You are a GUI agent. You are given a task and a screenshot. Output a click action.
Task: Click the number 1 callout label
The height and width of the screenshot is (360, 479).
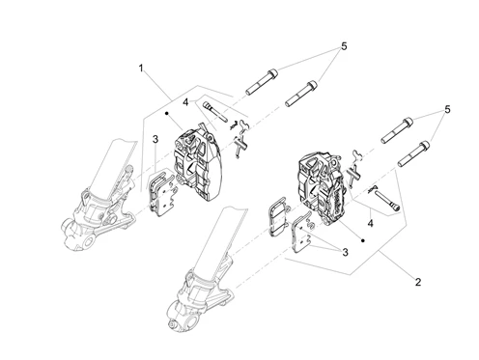click(141, 69)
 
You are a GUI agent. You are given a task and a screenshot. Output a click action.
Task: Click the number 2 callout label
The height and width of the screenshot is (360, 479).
click(418, 282)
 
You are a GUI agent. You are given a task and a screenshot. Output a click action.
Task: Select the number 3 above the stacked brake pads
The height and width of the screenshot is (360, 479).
click(155, 139)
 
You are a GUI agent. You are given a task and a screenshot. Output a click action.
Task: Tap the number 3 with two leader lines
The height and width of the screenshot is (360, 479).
click(345, 252)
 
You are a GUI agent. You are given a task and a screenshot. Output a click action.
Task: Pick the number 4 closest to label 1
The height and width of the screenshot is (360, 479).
click(185, 102)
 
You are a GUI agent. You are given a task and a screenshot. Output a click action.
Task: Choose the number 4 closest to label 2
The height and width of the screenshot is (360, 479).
click(371, 223)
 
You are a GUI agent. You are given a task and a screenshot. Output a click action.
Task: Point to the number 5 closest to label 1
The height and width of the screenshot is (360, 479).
click(344, 46)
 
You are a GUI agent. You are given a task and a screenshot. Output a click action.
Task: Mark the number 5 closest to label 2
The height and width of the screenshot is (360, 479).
click(447, 109)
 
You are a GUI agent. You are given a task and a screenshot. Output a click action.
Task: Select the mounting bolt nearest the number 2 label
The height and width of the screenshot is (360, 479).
click(414, 154)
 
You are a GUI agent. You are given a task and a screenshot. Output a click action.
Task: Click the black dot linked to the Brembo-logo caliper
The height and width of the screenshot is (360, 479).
click(363, 240)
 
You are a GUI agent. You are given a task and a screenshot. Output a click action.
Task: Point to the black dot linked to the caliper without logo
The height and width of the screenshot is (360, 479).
click(166, 113)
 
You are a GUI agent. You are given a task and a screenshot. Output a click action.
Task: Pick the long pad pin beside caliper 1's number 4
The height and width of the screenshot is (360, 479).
click(215, 112)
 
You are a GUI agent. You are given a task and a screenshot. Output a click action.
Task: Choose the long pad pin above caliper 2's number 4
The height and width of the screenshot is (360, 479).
click(387, 201)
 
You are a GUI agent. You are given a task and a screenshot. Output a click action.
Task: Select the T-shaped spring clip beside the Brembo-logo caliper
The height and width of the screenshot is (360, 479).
click(353, 176)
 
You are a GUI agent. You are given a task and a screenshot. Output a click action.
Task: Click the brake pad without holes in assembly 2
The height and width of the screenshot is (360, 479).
click(277, 216)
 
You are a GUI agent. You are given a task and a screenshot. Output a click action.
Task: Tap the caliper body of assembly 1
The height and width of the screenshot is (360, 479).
click(197, 163)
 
